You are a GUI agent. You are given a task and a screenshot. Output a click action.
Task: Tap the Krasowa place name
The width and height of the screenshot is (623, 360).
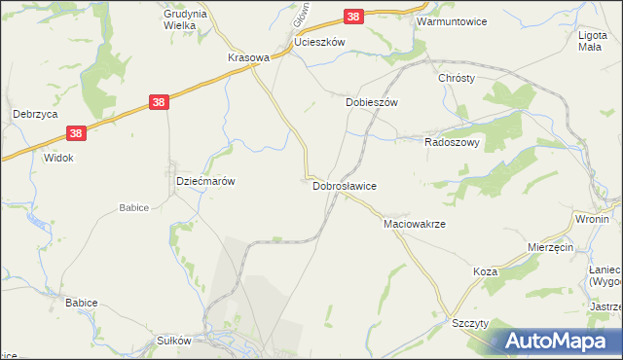(247, 57)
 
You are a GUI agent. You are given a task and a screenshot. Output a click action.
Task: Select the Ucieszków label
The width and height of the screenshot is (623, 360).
(320, 44)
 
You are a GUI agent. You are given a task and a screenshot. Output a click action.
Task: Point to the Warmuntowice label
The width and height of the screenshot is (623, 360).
(450, 20)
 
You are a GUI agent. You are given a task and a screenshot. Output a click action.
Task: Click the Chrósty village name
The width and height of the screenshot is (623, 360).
(456, 79)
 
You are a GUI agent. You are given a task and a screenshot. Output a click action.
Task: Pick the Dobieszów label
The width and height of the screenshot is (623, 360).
(373, 101)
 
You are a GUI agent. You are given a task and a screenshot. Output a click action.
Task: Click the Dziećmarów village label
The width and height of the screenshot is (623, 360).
(204, 181)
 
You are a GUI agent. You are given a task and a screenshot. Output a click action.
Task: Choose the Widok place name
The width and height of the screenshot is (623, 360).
(58, 158)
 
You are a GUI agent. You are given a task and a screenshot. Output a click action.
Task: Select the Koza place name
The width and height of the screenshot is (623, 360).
(486, 271)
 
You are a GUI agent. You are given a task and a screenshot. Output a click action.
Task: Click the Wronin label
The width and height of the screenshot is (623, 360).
(592, 219)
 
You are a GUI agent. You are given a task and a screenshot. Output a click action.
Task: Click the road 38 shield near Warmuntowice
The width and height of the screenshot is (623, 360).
(354, 17)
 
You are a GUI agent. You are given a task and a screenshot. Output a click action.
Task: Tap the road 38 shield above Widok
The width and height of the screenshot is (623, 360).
(77, 133)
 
